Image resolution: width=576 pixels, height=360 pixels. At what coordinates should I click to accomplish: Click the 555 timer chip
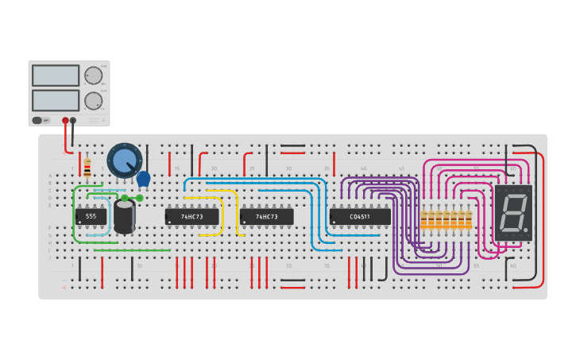point(91,216)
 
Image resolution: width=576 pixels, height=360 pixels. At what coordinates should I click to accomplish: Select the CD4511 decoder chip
point(360,216)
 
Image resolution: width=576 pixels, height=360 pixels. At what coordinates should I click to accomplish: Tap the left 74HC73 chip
point(191,216)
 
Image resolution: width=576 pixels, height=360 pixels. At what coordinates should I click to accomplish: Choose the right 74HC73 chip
point(266,216)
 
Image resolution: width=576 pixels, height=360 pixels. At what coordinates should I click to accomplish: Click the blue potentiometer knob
point(124,161)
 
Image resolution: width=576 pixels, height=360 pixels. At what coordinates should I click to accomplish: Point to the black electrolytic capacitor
point(124,216)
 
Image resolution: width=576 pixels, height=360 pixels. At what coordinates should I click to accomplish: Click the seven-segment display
point(513,213)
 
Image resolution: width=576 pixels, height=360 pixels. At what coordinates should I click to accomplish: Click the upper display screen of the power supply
point(56,75)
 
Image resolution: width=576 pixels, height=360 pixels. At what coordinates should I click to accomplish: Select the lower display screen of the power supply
point(56,100)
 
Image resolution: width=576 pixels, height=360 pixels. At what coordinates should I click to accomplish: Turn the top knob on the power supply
point(93,75)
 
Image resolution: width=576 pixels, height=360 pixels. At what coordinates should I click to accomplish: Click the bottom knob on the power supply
point(93,101)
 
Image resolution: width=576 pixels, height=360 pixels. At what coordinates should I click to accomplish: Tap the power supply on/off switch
point(37,120)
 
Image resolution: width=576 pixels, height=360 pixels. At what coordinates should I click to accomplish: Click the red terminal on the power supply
point(65,121)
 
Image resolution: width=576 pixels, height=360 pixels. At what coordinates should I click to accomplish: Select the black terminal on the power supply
point(73,121)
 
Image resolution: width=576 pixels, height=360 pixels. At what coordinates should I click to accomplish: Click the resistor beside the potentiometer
point(87,168)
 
